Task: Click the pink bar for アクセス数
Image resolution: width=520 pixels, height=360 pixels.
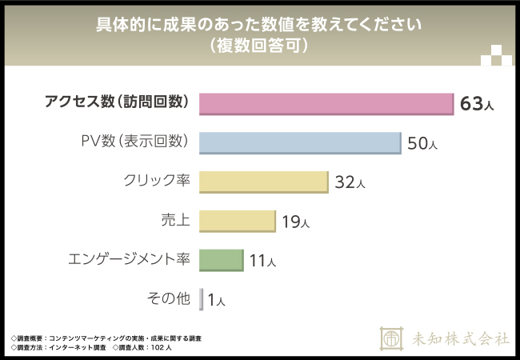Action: tap(326, 103)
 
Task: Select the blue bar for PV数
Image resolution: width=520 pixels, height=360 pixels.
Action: tap(300, 142)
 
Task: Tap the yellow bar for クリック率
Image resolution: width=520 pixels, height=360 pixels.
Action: tap(263, 182)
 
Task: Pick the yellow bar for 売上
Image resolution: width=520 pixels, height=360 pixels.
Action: tap(237, 221)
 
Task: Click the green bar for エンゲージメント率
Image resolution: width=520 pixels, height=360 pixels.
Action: tap(220, 260)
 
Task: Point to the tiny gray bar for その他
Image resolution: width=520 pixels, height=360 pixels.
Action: tap(202, 299)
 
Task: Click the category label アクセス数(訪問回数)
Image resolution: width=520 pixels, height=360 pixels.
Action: tap(117, 102)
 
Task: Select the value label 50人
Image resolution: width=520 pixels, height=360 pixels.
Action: tap(422, 143)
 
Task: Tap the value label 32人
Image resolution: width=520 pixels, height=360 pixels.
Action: tap(350, 182)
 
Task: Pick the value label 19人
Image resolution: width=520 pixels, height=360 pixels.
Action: tap(295, 222)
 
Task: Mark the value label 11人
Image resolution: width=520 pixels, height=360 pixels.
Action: tap(262, 261)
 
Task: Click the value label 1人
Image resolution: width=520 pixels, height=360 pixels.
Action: tap(216, 300)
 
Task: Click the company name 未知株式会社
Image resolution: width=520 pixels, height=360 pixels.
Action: tap(459, 338)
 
